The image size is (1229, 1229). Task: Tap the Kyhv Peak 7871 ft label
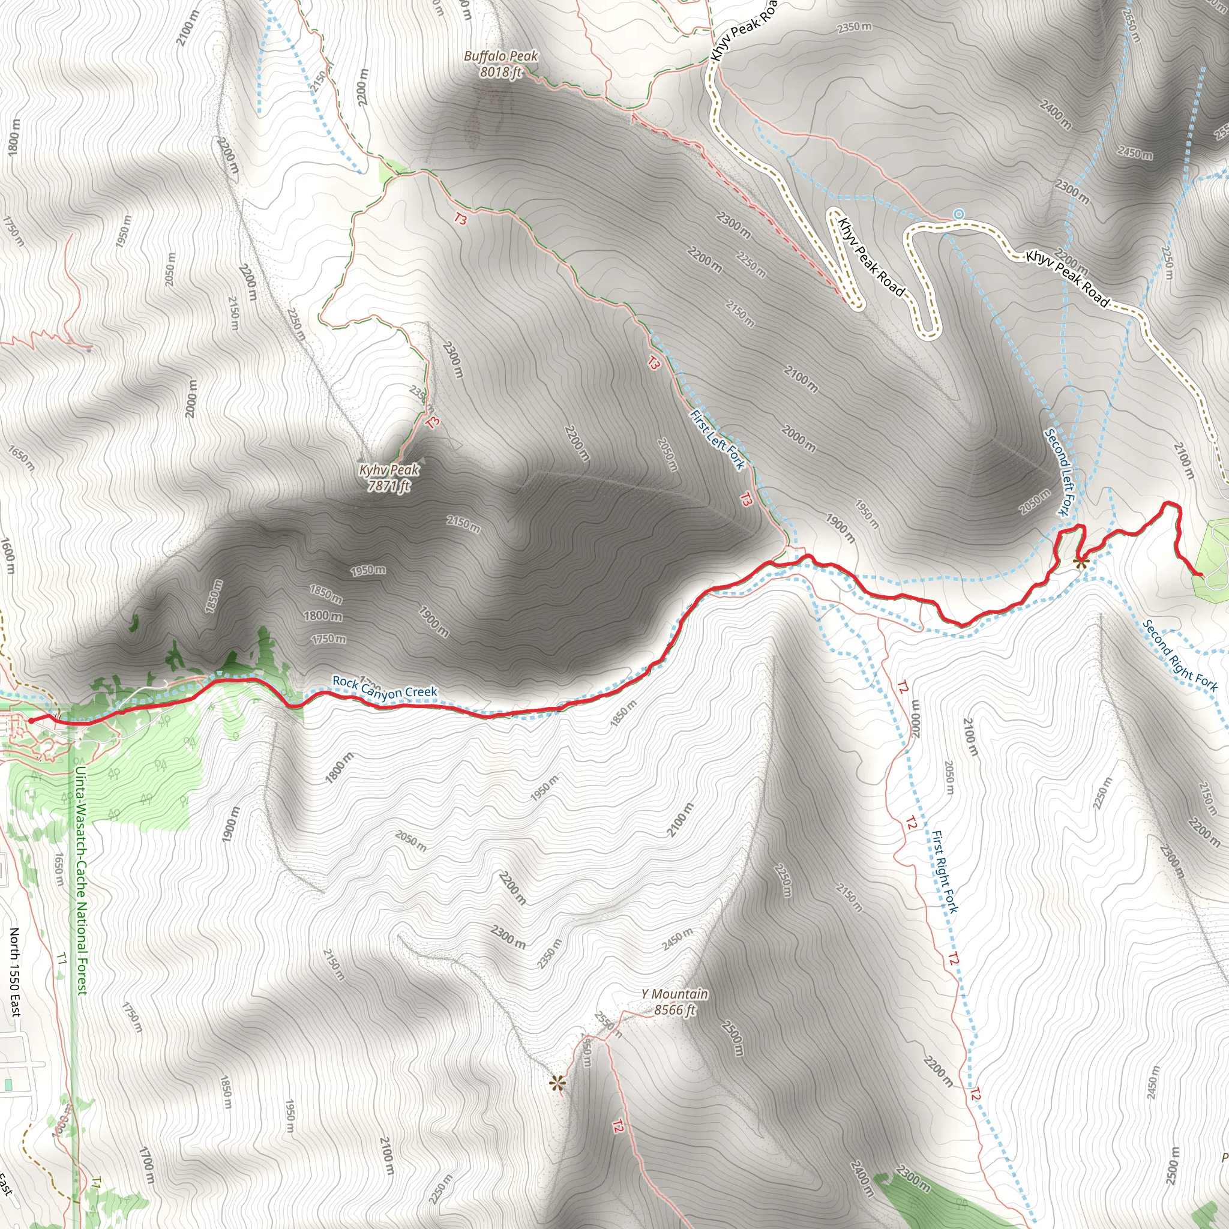tap(389, 478)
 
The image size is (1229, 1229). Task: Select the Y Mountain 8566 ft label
tap(675, 1002)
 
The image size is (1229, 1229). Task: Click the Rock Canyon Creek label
tap(385, 687)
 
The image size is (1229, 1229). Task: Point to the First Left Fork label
tap(718, 439)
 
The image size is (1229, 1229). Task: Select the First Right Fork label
tap(945, 871)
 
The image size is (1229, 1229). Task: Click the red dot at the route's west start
tap(31, 721)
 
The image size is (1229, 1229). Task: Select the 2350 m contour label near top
tap(855, 27)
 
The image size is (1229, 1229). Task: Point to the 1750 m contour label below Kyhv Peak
tap(328, 638)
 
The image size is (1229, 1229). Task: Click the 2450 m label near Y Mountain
tap(677, 939)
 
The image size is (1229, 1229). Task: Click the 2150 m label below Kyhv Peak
tap(463, 523)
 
